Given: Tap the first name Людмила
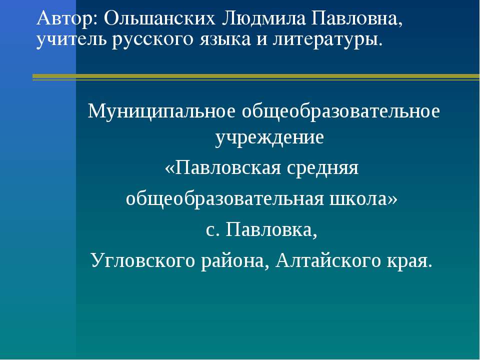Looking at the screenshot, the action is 263,18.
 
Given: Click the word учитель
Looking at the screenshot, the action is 71,40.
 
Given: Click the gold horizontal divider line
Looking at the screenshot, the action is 256,77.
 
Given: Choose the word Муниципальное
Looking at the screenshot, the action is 161,111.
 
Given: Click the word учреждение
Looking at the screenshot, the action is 269,138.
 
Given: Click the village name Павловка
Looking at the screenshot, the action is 271,229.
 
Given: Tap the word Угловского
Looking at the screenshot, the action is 143,261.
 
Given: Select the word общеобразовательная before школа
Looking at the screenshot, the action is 224,199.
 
